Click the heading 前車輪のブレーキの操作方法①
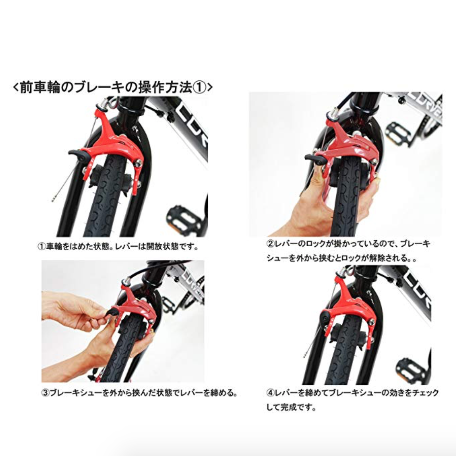tap(113, 87)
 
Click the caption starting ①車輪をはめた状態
tap(118, 247)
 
